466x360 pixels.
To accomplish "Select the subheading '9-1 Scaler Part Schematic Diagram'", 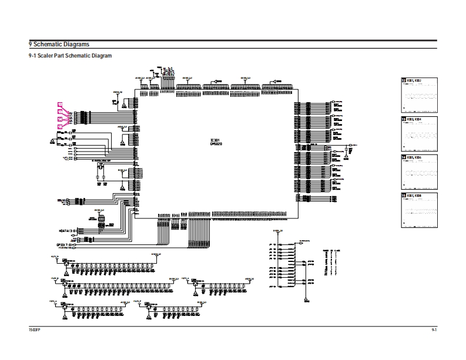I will point(71,56).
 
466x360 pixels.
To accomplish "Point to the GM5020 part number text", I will point(216,144).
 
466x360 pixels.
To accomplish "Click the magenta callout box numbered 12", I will point(59,104).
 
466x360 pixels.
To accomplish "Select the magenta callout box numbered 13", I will point(59,112).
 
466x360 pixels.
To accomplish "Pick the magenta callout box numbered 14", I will point(59,119).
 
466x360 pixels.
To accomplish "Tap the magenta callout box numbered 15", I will point(59,126).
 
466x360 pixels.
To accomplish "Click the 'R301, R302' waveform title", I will point(414,80).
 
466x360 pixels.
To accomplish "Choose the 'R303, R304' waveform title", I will point(414,119).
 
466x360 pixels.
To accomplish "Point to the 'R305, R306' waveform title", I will point(414,157).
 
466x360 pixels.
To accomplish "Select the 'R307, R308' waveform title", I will point(414,196).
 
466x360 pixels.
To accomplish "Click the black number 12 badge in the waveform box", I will point(403,80).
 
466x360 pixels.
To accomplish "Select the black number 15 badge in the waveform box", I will point(403,196).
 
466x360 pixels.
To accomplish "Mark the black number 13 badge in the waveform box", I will point(403,119).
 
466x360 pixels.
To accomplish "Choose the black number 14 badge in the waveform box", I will point(403,157).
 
